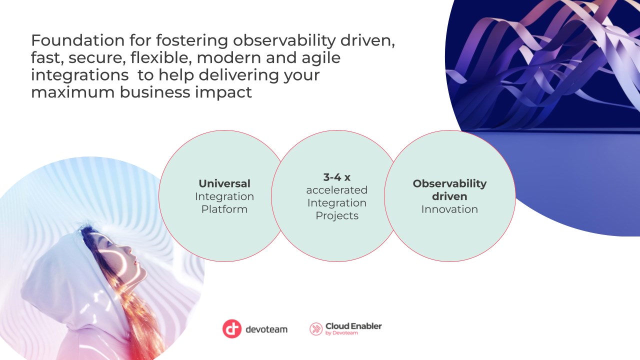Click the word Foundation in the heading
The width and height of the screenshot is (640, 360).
pos(77,40)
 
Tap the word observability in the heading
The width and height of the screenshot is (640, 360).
pos(284,41)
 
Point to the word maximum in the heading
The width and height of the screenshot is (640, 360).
pos(72,92)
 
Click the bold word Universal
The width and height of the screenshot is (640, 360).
pos(224,183)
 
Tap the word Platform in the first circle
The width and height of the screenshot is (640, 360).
pos(224,209)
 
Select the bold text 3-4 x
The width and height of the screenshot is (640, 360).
pos(337,177)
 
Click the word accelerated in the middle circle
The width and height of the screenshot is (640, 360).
pos(337,190)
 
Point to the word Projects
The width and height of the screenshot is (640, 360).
pos(337,215)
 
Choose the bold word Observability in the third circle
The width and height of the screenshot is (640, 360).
pos(449,183)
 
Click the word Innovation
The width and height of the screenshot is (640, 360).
pos(449,209)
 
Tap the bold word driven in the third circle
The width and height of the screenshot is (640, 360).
pos(449,196)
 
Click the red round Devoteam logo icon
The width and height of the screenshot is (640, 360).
pos(232,329)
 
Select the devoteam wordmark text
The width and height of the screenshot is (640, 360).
pos(266,329)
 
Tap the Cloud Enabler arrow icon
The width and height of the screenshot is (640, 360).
pos(316,329)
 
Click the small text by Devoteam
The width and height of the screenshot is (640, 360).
pos(341,333)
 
